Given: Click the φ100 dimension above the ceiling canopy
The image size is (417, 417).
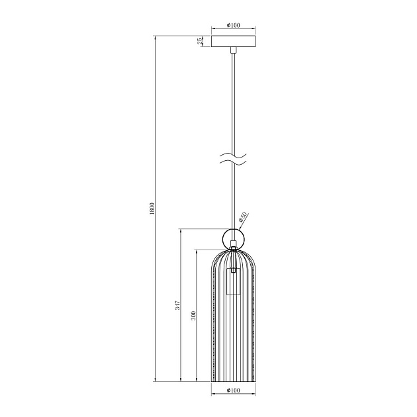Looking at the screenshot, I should tap(232, 25).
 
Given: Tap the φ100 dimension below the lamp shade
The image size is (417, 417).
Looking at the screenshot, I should tap(232, 391).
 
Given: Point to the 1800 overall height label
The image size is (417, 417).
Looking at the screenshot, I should tap(152, 208).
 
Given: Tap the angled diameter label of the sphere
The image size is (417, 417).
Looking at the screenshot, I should tap(243, 216).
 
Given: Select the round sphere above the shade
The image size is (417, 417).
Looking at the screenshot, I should tap(233, 237).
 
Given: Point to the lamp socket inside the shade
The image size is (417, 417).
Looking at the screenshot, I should tap(233, 281).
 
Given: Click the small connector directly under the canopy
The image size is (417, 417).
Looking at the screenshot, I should tap(233, 50).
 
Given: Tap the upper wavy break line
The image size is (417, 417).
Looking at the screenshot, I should tap(233, 156).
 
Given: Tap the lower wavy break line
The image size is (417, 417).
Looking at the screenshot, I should tap(233, 163).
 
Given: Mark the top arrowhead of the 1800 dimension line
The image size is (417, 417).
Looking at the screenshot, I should tap(154, 36).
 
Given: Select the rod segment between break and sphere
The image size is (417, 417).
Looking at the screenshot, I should tap(233, 195).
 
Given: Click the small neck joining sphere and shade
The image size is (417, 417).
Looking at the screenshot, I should tap(233, 250).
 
